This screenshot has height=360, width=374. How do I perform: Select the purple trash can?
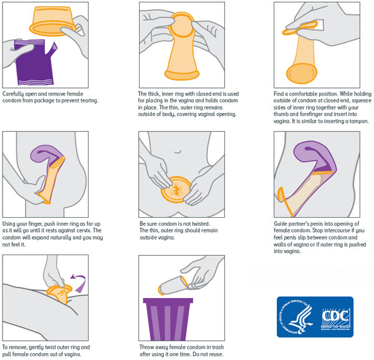click(x=168, y=319)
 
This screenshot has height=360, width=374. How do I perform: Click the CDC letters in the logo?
click(x=336, y=316)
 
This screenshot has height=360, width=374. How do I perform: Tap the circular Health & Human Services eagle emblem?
click(x=295, y=316)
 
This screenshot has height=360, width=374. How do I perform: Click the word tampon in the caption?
click(x=359, y=121)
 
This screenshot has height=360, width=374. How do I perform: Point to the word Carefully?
click(x=13, y=94)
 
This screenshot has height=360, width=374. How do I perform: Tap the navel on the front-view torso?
click(x=178, y=152)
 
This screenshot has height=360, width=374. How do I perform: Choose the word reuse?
click(x=215, y=354)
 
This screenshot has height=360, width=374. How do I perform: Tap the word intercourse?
click(x=345, y=231)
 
